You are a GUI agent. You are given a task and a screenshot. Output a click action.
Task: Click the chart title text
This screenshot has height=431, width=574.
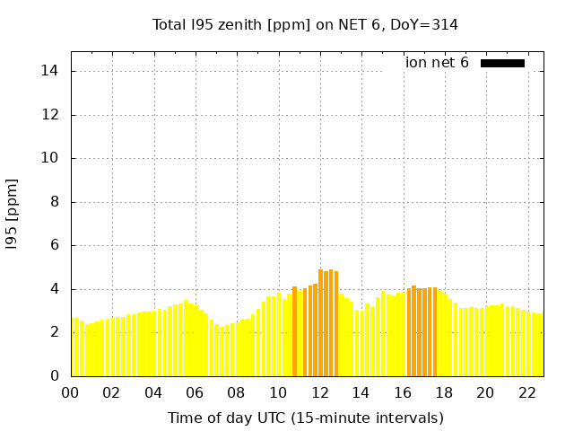pos(305,24)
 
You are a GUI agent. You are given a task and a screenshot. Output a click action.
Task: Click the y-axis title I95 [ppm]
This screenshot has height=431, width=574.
pos(13,214)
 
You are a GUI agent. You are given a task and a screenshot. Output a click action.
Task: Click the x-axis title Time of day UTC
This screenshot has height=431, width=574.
pos(305,418)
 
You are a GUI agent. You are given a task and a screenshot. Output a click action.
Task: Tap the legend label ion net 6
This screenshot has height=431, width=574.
pos(437,63)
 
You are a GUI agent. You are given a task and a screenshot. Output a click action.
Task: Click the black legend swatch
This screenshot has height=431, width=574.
pos(502,63)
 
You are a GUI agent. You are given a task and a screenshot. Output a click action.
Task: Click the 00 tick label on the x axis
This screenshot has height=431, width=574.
pos(71,392)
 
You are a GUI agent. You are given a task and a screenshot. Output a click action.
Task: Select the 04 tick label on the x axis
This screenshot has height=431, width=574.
pos(153,392)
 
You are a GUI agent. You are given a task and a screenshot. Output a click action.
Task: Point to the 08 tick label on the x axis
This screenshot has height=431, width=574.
pos(237,392)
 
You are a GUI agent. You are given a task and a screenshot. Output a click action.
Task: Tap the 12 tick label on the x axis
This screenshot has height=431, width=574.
pos(319,392)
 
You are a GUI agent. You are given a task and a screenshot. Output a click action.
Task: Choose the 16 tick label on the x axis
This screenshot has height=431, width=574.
pos(403,392)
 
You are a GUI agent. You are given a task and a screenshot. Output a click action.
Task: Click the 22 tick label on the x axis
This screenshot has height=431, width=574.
pos(526,392)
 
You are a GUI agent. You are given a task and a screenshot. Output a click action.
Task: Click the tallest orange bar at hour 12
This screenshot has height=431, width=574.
pos(320,323)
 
